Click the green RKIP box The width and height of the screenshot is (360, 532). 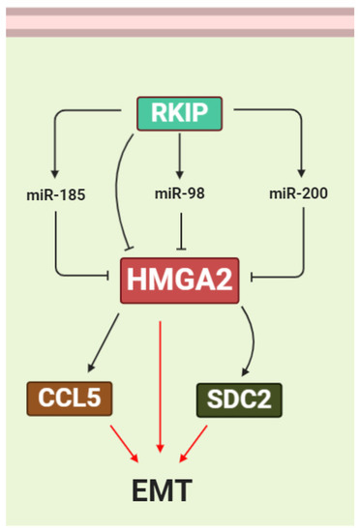pyautogui.click(x=180, y=115)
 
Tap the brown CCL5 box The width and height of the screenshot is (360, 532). pyautogui.click(x=66, y=397)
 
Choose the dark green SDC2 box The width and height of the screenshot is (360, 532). pyautogui.click(x=238, y=398)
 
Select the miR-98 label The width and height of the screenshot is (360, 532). pyautogui.click(x=179, y=193)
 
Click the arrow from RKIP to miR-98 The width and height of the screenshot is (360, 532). pyautogui.click(x=180, y=155)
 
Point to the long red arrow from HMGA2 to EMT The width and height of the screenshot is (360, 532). pyautogui.click(x=162, y=387)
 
